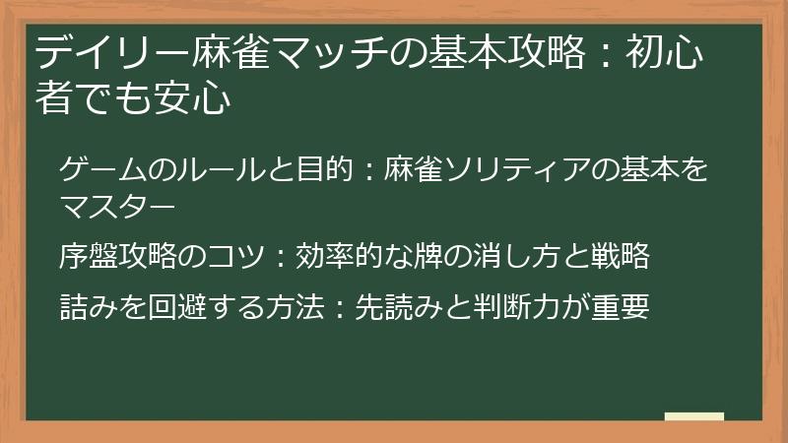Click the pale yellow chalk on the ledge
pyautogui.click(x=693, y=416)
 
